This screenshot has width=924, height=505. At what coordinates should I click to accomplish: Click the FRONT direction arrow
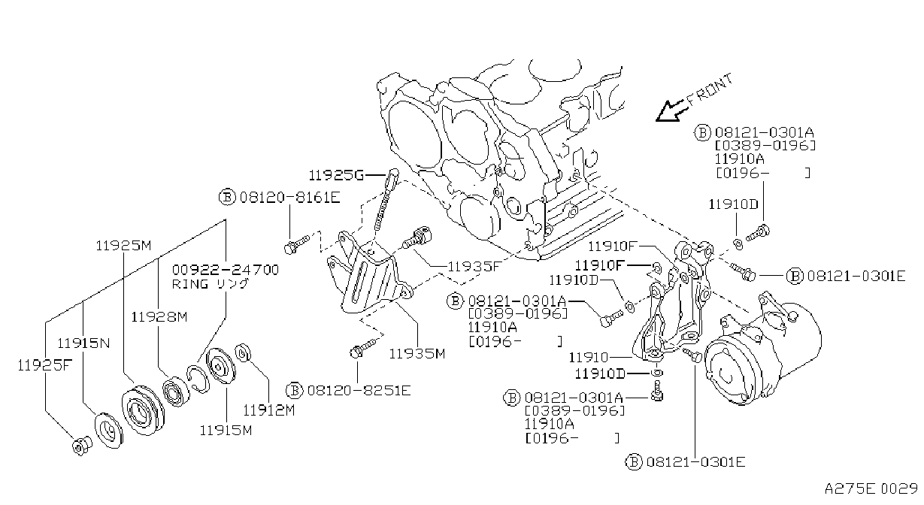click(671, 111)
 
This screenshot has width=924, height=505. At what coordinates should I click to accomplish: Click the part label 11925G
click(336, 176)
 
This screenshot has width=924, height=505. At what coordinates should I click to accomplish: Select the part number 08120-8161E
click(290, 198)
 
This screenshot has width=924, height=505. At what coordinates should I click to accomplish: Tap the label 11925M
click(124, 246)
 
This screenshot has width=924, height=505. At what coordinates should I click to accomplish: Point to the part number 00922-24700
click(226, 270)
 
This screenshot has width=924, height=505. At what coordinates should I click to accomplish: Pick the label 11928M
click(159, 317)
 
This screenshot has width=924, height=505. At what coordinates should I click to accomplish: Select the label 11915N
click(83, 343)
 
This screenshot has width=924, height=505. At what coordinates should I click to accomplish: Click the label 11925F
click(44, 364)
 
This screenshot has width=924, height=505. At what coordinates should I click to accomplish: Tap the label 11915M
click(226, 431)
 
